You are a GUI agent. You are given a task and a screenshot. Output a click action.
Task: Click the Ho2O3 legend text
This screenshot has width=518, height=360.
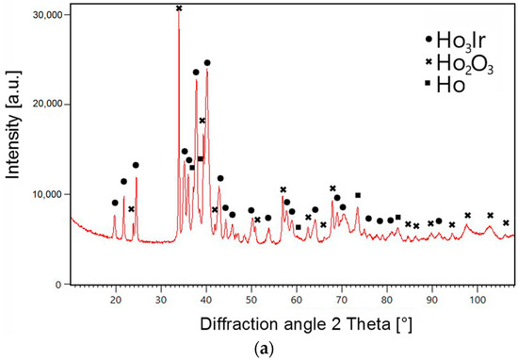click(467, 62)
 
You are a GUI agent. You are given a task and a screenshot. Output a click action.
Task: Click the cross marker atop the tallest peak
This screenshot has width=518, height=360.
click(180, 8)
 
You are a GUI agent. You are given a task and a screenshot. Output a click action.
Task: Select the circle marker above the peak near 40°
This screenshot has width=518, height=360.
click(207, 63)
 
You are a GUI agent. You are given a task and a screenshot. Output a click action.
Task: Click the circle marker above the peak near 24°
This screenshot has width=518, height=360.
click(136, 166)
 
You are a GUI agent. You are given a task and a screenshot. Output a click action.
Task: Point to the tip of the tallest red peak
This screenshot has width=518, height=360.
click(179, 17)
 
